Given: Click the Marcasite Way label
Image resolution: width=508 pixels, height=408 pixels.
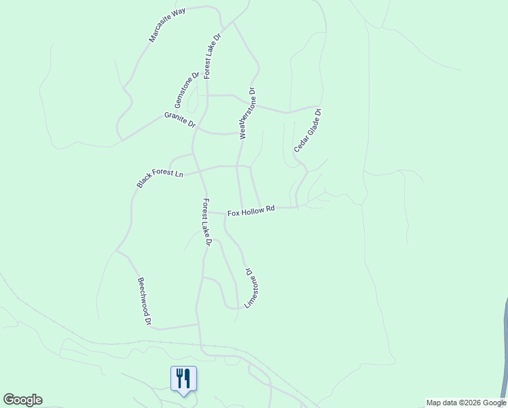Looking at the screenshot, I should (167, 26).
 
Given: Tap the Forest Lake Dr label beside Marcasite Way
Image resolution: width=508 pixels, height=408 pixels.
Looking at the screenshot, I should (213, 55).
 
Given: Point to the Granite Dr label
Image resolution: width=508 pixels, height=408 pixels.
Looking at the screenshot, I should (179, 120).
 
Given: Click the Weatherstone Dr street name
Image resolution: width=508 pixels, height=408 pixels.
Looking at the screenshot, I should (247, 114).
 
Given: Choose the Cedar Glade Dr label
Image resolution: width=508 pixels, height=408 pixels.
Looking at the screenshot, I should (307, 131).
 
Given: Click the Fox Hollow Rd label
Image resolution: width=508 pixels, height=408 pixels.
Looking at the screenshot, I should (251, 211).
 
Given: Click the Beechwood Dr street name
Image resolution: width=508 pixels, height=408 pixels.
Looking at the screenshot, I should (144, 301).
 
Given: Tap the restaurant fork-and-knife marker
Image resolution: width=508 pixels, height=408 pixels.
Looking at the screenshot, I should (183, 378).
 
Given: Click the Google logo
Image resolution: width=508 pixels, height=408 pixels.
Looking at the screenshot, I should (22, 400).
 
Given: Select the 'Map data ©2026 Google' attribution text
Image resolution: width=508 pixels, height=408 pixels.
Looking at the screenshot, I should (466, 403).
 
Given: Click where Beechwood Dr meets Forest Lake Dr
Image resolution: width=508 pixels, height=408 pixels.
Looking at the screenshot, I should (198, 324).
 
